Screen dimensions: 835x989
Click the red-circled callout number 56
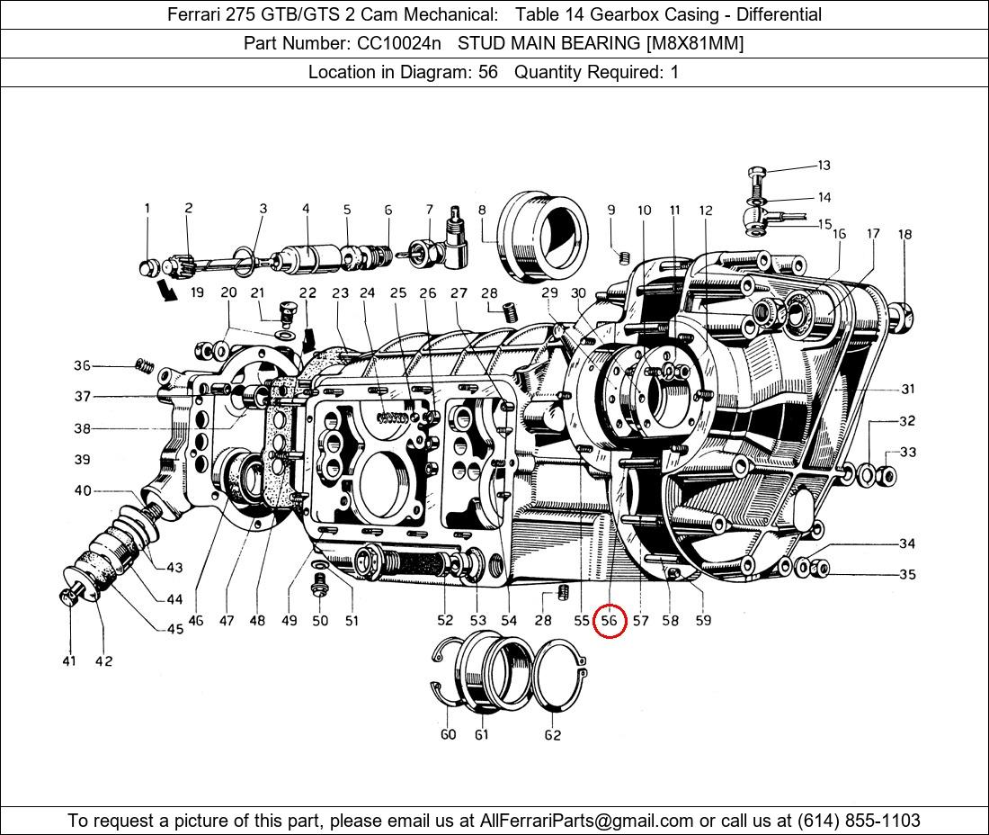click(610, 620)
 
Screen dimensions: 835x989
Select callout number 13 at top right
click(824, 166)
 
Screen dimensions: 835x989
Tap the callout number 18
click(904, 234)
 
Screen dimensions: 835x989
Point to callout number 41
click(69, 661)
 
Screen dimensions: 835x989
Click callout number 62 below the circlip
click(552, 735)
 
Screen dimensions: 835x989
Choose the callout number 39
click(82, 460)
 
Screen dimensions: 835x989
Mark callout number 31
click(907, 389)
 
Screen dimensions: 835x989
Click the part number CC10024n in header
click(398, 43)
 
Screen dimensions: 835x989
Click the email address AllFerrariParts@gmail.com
click(587, 821)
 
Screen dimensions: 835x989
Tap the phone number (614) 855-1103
click(858, 821)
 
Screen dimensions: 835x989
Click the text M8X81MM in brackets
click(693, 43)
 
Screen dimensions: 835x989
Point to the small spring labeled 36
click(141, 364)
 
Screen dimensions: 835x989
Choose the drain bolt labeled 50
click(318, 587)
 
